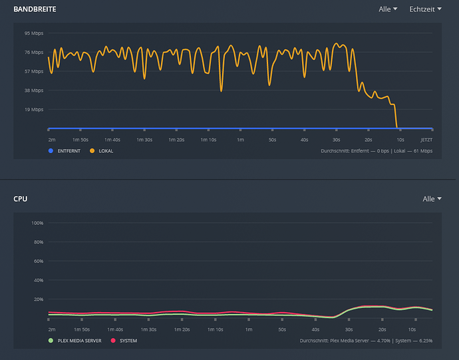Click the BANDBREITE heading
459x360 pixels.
click(35, 9)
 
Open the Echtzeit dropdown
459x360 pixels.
click(426, 9)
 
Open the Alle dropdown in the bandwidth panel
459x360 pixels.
click(388, 9)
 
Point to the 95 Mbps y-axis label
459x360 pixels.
click(34, 33)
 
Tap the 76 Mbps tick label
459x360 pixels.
click(34, 52)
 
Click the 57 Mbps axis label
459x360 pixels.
click(34, 71)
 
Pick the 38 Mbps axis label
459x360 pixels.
click(34, 90)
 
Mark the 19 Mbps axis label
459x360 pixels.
click(34, 109)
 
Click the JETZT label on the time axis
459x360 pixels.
click(426, 140)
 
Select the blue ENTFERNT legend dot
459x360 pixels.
click(51, 151)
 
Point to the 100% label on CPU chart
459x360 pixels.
click(37, 223)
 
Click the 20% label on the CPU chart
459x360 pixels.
click(38, 299)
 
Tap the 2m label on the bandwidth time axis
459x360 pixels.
click(51, 140)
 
